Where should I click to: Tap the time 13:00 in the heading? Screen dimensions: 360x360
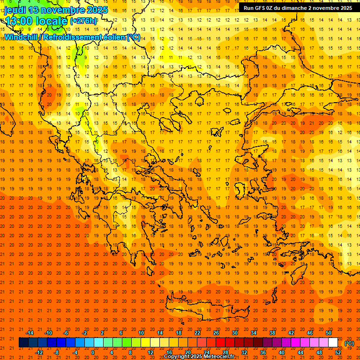19,21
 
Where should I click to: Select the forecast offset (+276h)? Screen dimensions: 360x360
84,21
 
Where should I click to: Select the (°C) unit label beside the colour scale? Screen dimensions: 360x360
349,343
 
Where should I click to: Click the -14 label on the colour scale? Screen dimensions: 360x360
30,333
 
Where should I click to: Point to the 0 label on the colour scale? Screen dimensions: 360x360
93,352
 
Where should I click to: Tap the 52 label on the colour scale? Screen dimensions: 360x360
338,352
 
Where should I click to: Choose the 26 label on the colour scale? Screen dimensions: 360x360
216,333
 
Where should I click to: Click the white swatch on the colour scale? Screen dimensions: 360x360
333,343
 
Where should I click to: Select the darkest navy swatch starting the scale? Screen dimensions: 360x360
23,343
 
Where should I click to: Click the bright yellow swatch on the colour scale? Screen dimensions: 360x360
145,343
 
